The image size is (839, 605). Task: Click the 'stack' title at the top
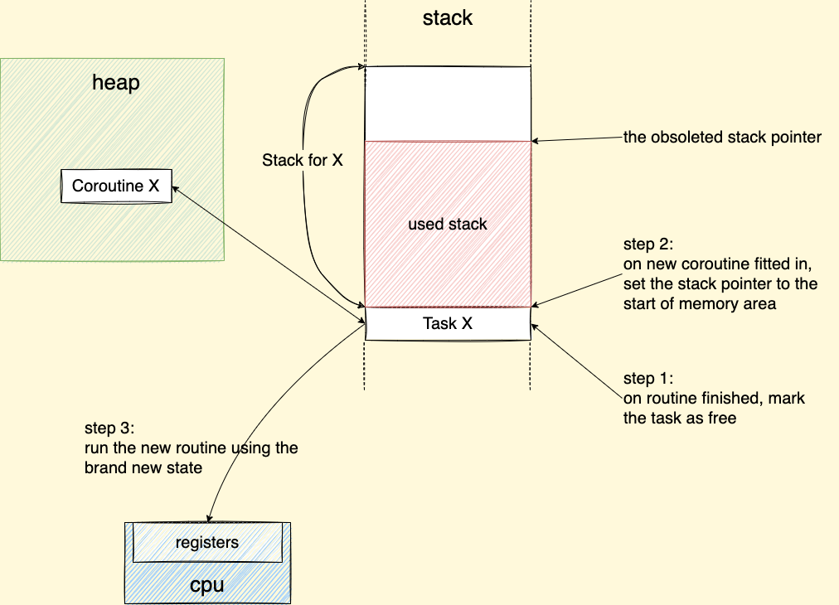point(448,18)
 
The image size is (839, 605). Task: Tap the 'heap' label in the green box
point(115,82)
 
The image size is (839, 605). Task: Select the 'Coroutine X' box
point(115,186)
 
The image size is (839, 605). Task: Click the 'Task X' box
point(448,324)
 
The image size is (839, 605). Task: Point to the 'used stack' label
point(448,224)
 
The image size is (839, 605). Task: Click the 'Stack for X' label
point(303,161)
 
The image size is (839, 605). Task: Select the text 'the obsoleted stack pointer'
point(722,138)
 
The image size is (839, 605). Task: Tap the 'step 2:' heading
point(650,246)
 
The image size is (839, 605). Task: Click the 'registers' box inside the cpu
point(207,543)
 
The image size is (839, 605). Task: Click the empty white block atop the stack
point(448,104)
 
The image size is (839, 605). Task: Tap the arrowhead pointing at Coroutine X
point(176,191)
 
